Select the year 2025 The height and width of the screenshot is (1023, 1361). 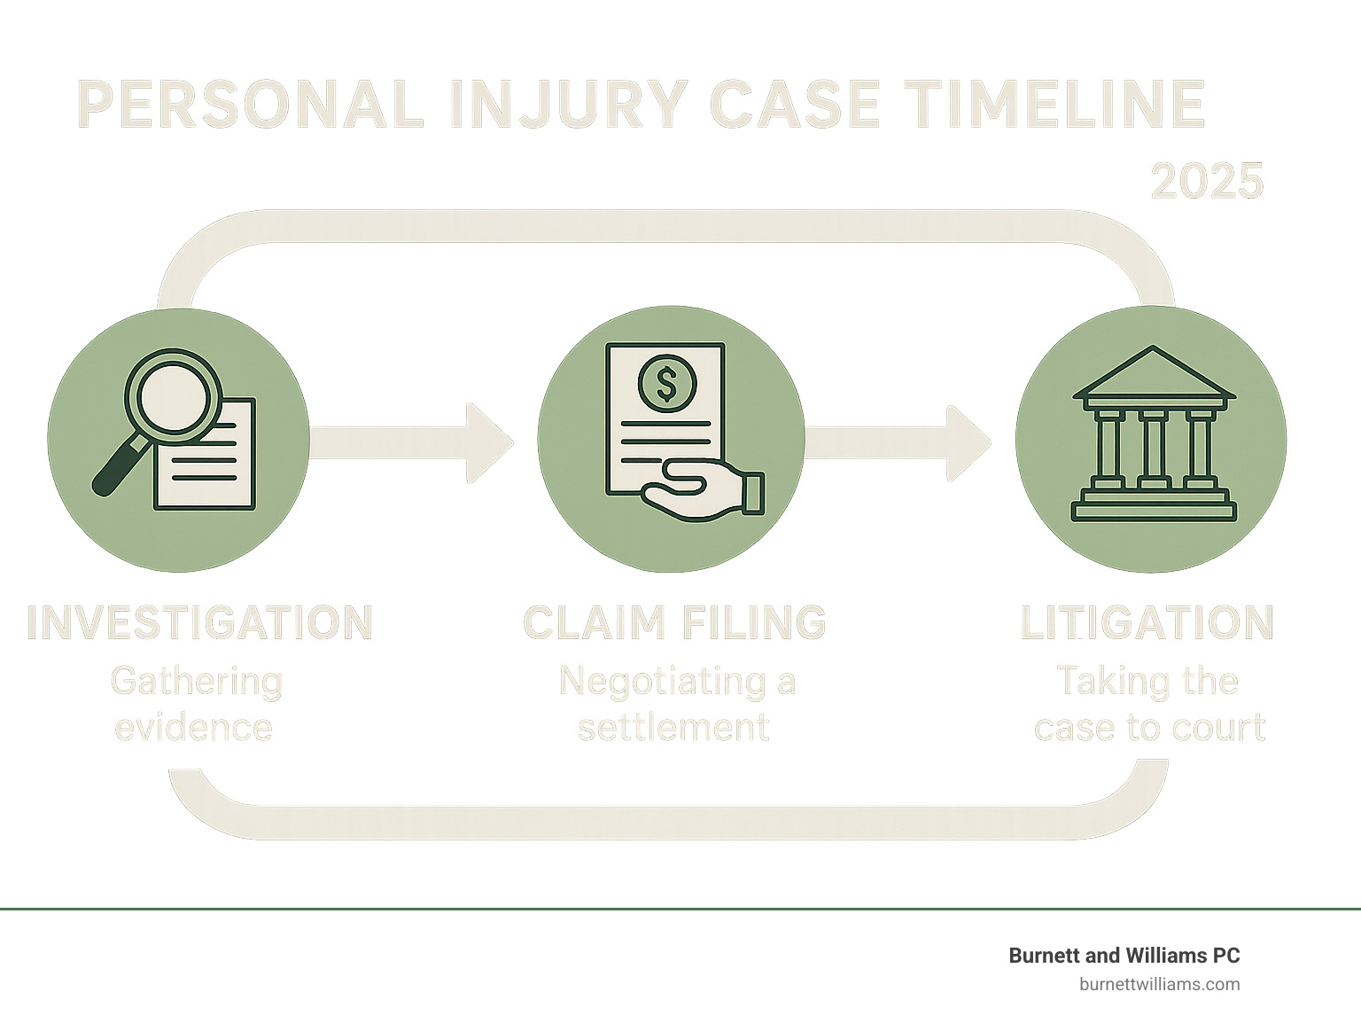1207,181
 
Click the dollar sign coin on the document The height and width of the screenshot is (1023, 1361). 666,384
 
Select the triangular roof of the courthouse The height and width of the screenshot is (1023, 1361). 1153,375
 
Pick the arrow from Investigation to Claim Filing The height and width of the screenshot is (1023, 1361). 412,441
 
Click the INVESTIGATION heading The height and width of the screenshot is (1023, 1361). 199,622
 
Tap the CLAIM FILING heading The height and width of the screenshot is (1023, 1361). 674,622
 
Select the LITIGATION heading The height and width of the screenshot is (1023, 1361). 1147,622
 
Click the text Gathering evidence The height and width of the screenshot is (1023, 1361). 196,704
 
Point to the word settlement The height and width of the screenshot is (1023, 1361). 673,728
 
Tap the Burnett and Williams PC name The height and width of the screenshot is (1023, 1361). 1124,956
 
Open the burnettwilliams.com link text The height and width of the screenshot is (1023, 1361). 1159,984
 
